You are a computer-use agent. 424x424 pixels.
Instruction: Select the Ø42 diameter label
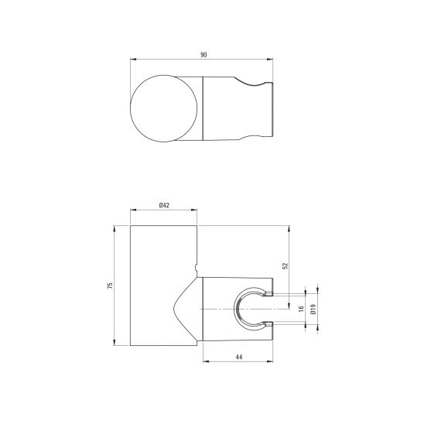165,204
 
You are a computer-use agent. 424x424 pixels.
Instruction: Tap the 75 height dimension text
111,286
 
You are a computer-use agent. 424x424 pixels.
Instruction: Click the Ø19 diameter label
313,308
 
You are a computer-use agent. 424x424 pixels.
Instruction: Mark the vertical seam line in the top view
202,108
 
